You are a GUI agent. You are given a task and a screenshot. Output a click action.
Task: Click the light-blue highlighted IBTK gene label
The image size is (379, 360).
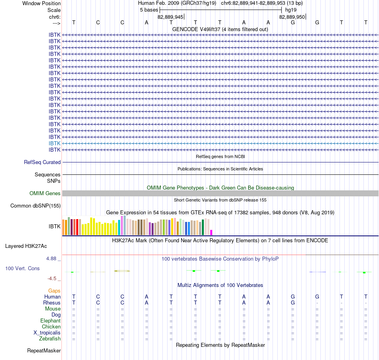point(54,143)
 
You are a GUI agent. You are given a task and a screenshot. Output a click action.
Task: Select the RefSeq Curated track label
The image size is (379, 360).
point(42,162)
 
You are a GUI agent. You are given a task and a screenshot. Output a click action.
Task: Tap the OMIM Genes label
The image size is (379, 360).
point(45,194)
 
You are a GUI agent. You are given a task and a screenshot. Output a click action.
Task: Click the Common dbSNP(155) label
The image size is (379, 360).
point(35,206)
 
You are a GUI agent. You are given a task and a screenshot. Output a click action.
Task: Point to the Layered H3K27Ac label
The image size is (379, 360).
point(26,246)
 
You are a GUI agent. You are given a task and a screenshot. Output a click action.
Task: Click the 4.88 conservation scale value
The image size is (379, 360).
point(51,259)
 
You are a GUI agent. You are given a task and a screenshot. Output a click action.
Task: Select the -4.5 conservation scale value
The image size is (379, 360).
point(52,279)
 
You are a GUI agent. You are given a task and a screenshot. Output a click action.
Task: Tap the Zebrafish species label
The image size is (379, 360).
point(50,339)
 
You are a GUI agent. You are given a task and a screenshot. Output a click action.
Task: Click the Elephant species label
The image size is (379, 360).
point(50,321)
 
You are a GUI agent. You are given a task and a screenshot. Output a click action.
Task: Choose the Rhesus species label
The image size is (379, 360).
point(52,303)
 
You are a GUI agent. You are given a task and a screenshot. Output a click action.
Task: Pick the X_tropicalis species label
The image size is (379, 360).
point(47,333)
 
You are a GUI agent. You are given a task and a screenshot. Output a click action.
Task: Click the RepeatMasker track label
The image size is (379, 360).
point(44,350)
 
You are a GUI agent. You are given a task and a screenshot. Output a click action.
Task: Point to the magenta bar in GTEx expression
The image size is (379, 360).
point(211,232)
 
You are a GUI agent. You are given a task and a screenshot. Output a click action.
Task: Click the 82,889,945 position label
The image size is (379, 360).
point(170,17)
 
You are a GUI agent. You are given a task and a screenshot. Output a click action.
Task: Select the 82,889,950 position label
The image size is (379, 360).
point(292,17)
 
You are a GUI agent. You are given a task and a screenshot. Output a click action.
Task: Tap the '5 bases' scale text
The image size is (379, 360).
point(149,10)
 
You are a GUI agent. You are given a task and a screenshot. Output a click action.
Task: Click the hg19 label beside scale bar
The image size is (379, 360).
point(291,10)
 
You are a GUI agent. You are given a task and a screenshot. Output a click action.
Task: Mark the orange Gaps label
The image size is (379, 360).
point(54,291)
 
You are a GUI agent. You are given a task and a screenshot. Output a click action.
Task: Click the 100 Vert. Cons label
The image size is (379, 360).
point(22,268)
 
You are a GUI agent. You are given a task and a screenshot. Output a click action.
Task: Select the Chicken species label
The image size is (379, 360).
point(51,326)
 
